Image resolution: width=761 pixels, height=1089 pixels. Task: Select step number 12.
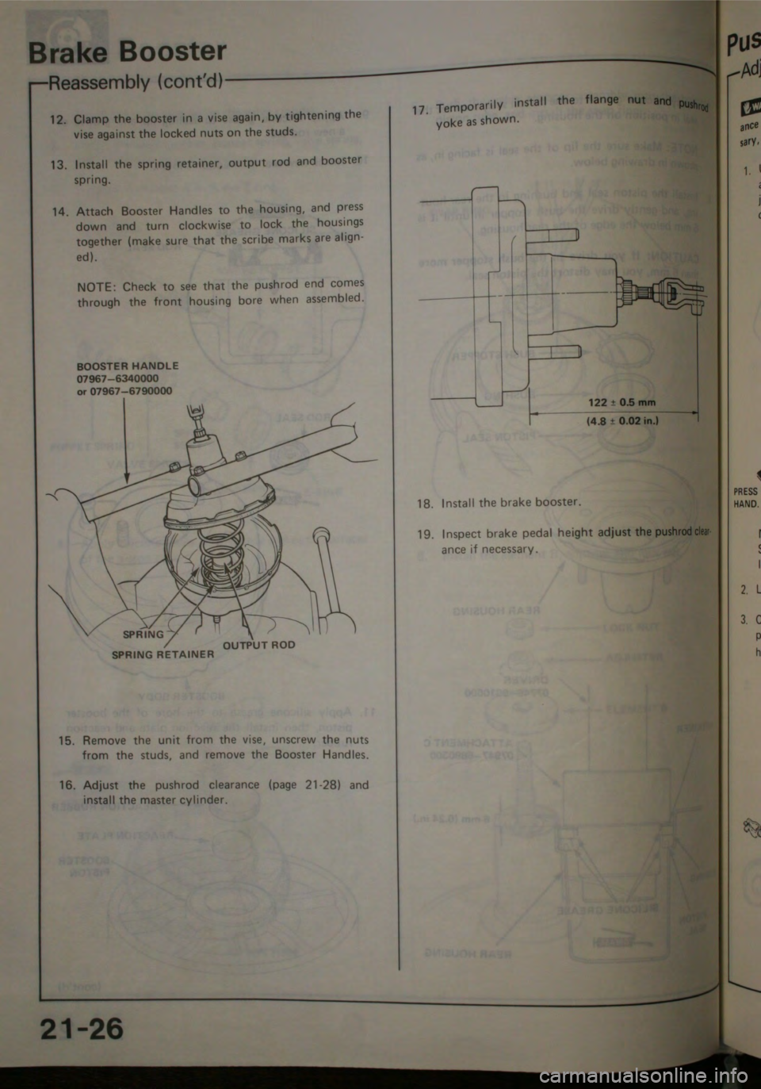[56, 120]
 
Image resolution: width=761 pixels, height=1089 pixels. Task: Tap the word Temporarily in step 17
[471, 106]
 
